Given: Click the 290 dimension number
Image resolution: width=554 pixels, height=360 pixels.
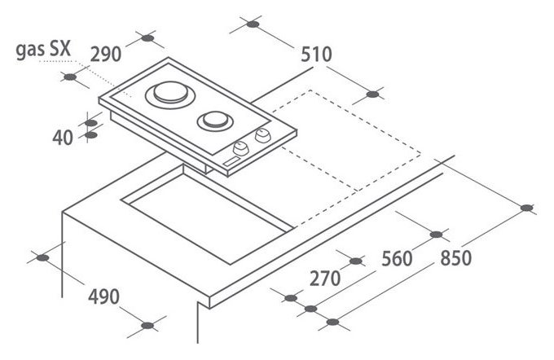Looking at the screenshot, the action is [x=106, y=55].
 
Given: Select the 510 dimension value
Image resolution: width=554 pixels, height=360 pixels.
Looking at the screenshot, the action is [x=317, y=55].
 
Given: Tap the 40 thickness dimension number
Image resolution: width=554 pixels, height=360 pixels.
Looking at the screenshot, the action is [x=63, y=138].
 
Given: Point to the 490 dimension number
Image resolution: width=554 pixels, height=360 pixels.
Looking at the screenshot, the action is [x=103, y=296].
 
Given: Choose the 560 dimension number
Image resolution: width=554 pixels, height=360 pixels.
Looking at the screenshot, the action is [x=397, y=258].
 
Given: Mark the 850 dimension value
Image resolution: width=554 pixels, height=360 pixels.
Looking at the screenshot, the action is [x=455, y=257].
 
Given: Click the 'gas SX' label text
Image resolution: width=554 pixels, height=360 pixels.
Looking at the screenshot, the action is [x=44, y=50].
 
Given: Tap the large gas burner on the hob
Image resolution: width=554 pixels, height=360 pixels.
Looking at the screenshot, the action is [x=170, y=94].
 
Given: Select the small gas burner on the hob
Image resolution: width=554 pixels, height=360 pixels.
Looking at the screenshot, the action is [x=215, y=121].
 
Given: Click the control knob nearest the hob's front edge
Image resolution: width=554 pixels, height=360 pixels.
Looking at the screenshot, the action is [x=240, y=148].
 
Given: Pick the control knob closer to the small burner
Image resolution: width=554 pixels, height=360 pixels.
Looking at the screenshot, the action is [x=262, y=135].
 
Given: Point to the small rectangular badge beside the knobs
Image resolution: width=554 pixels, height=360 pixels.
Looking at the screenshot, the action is [x=231, y=162].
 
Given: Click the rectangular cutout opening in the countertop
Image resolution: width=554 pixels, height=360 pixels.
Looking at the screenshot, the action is [x=207, y=215].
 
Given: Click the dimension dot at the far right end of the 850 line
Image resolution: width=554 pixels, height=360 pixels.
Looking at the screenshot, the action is [x=527, y=208].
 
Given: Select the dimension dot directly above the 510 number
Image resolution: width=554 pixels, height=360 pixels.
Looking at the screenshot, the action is [x=253, y=24].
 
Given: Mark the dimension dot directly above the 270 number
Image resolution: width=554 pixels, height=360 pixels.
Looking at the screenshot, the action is [x=356, y=261].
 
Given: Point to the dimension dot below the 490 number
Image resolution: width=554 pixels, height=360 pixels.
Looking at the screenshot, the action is [x=147, y=325].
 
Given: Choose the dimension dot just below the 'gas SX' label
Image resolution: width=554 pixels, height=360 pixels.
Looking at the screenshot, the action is [x=70, y=77].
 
